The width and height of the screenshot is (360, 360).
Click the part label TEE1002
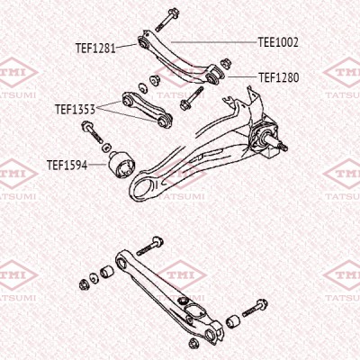click(x=278, y=42)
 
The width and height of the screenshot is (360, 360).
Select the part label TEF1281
click(x=95, y=48)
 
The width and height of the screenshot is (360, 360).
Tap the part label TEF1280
click(x=279, y=77)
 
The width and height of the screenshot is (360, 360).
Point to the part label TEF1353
click(x=76, y=109)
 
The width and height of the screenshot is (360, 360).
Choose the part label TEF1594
click(x=67, y=165)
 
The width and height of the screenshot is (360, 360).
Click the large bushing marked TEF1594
click(x=121, y=165)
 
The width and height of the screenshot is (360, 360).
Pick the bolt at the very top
click(x=167, y=19)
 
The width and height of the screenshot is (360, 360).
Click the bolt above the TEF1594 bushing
click(x=92, y=131)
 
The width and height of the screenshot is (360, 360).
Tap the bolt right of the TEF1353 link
click(x=192, y=98)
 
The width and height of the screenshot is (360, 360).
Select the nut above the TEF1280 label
click(x=226, y=64)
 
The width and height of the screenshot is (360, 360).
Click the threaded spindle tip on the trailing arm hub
click(x=282, y=147)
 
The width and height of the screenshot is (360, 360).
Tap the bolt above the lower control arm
click(x=150, y=246)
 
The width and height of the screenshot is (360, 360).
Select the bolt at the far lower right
click(x=255, y=308)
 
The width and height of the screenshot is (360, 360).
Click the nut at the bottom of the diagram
click(x=193, y=343)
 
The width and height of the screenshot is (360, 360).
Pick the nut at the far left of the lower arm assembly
click(x=84, y=283)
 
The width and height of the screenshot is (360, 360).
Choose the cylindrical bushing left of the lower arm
click(x=106, y=271)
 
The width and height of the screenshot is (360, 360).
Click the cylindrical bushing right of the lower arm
click(x=233, y=321)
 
